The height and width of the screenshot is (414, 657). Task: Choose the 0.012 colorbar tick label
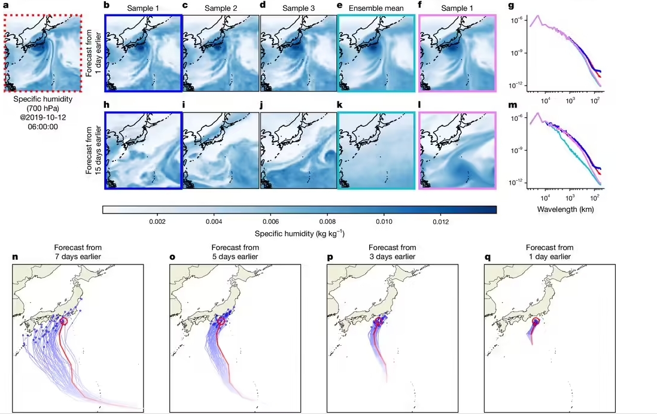point(440,221)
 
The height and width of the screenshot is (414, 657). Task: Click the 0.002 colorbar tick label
point(157,221)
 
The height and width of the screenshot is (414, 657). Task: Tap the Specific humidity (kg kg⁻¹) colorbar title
point(299,233)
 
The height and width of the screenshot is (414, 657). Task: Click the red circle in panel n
point(65,321)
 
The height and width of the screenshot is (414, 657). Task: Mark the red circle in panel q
point(536,322)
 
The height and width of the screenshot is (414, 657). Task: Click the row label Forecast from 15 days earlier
point(93,147)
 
